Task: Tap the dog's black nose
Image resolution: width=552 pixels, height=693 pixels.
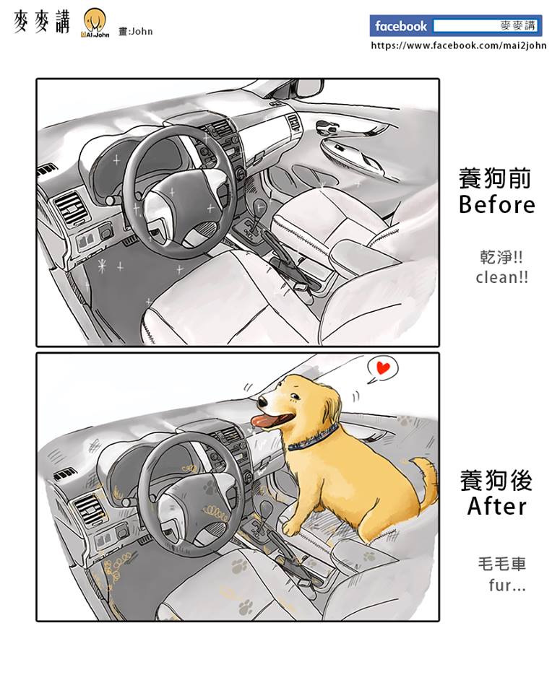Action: (x=262, y=402)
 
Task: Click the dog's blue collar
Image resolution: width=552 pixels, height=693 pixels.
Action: (x=314, y=438)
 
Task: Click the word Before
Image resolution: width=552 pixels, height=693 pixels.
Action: (x=496, y=204)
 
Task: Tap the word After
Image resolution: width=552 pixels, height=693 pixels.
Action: (x=496, y=506)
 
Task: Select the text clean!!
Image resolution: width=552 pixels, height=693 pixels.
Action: (x=501, y=277)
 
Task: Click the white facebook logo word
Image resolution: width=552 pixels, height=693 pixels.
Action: (x=401, y=26)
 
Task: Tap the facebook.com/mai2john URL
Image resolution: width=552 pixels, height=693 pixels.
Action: (x=459, y=45)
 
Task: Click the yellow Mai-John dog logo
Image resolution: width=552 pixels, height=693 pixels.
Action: (x=95, y=23)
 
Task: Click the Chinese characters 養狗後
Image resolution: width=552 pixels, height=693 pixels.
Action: (x=496, y=481)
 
